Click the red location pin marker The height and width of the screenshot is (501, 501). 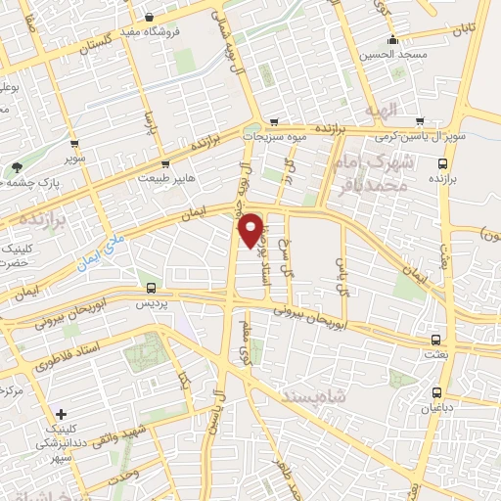click(x=251, y=229)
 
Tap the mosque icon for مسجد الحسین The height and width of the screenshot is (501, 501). click(x=392, y=40)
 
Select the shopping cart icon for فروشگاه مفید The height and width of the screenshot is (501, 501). click(x=149, y=17)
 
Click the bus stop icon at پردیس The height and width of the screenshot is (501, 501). click(x=151, y=288)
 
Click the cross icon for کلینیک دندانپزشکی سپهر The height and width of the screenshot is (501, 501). click(x=62, y=415)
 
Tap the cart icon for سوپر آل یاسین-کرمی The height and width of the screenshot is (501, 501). click(x=420, y=122)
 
